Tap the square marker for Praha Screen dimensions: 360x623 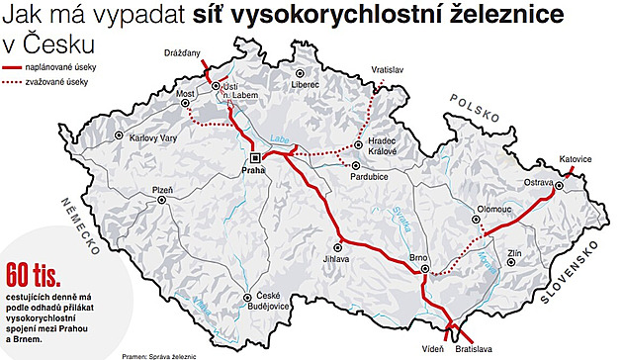[254, 157]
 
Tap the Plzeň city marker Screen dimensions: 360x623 [161, 199]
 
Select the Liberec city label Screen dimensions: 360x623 [306, 86]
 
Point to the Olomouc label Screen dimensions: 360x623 [493, 210]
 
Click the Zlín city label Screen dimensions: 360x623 [515, 254]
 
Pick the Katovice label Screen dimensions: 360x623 [575, 158]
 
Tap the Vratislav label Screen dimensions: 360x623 [389, 71]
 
